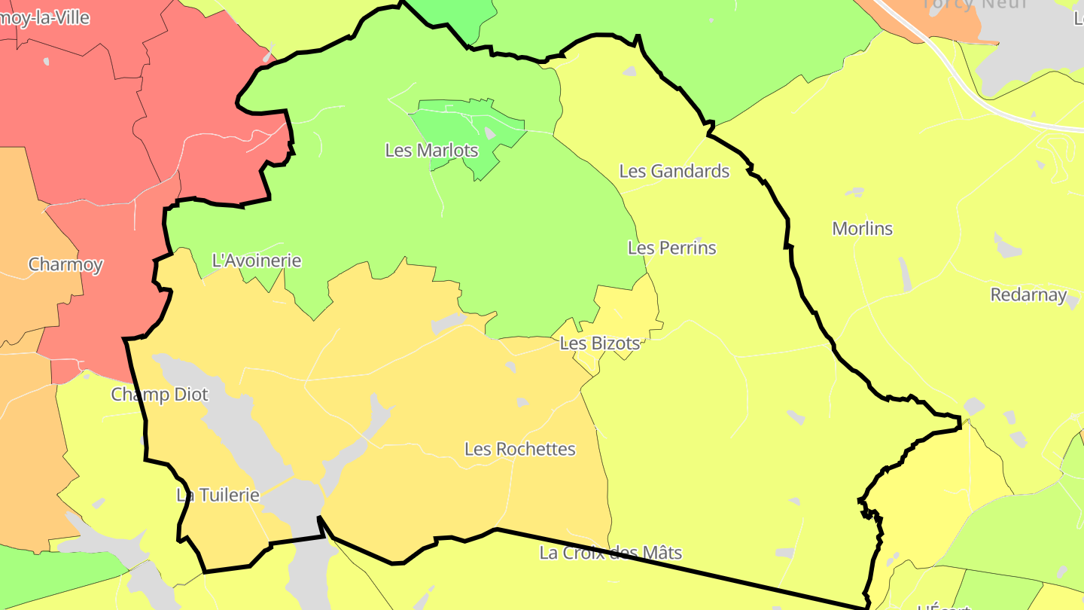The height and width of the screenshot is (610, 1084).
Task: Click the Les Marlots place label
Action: [x=431, y=150]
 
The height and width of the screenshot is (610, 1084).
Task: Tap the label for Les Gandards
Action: [x=674, y=171]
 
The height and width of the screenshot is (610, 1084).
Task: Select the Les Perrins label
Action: [x=671, y=248]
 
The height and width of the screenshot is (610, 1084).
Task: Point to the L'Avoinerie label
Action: [x=257, y=261]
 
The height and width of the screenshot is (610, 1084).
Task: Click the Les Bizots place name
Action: [x=599, y=343]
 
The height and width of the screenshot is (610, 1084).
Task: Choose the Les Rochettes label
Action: [x=519, y=449]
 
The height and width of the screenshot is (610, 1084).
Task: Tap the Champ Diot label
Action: [x=160, y=394]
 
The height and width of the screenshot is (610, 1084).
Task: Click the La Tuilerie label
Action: [x=218, y=495]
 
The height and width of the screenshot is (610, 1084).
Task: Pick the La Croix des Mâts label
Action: [x=611, y=553]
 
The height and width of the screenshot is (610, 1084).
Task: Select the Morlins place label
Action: [x=862, y=228]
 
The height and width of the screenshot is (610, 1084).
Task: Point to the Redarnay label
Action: [x=1028, y=294]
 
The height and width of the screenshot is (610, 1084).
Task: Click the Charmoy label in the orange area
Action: [x=65, y=264]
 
